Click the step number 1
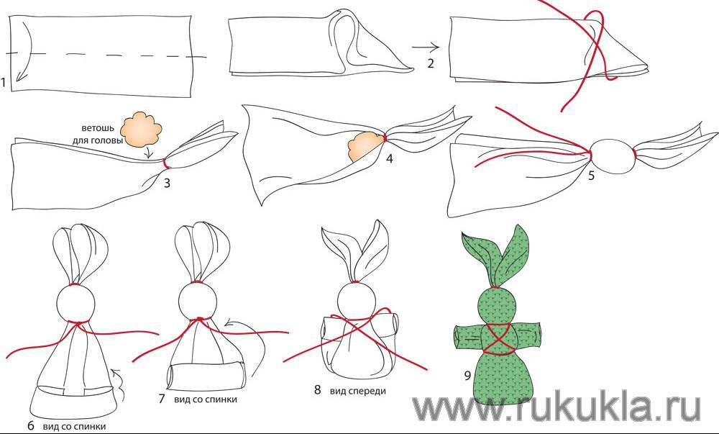3,83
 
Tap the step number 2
430,63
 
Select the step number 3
167,183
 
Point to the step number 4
389,159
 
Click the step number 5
591,175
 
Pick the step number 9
467,376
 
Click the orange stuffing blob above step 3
141,130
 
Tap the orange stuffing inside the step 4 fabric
365,146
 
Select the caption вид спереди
357,391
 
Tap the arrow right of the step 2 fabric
426,48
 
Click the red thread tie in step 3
165,164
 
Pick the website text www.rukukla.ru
557,407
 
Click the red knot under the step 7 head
199,319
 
